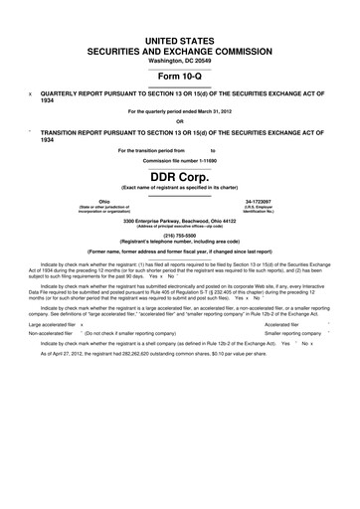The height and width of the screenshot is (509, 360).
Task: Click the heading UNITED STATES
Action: (180, 36)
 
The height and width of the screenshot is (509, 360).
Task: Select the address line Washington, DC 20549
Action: (180, 61)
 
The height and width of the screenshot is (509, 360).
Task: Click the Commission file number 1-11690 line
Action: (180, 160)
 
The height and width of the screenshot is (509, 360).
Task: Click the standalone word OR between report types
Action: (180, 122)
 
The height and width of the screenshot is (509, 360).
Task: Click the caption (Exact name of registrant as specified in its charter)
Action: (180, 188)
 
